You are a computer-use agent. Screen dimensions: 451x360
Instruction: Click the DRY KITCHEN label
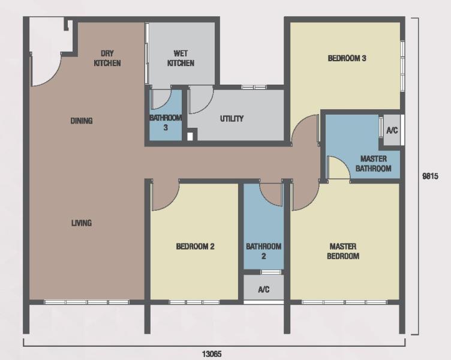[x=107, y=58]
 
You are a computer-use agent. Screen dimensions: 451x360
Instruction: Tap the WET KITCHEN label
[x=181, y=58]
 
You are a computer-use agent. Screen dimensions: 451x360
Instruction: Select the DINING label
[x=82, y=121]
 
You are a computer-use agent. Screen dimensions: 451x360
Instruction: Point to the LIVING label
[x=82, y=223]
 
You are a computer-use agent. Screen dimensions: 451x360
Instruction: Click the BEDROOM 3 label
[x=347, y=58]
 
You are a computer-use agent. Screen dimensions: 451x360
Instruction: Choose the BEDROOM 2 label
[x=196, y=247]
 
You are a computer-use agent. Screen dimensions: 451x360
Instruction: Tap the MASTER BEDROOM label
[x=343, y=251]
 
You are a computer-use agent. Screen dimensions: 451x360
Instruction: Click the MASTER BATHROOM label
[x=374, y=163]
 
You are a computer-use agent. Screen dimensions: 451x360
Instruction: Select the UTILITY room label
[x=232, y=119]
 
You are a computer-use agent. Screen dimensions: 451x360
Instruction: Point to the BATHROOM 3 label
[x=166, y=122]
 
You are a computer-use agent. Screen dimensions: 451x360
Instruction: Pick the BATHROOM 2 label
[x=263, y=251]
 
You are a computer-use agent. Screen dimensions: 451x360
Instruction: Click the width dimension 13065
[x=212, y=353]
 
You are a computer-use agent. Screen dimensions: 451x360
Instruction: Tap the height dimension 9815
[x=430, y=176]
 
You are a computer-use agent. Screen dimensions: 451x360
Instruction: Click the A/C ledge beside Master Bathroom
[x=392, y=130]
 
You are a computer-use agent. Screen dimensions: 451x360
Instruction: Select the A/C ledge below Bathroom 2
[x=264, y=289]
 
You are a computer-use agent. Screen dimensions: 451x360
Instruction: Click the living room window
[x=86, y=302]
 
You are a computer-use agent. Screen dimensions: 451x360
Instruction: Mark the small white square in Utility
[x=190, y=136]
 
